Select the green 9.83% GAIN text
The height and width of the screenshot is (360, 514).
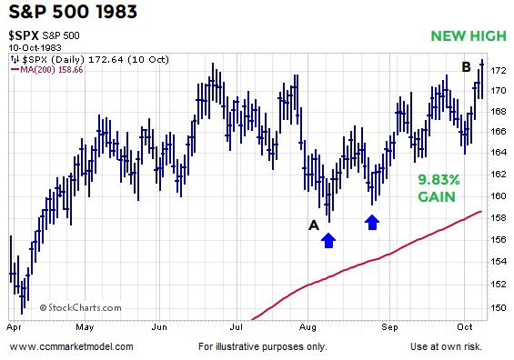click(438, 188)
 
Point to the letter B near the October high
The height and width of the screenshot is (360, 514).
click(466, 66)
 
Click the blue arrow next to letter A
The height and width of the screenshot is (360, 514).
click(328, 239)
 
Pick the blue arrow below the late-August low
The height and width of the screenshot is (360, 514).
click(371, 221)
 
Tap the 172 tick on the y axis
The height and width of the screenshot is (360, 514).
click(499, 70)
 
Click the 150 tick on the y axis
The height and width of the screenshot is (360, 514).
click(499, 307)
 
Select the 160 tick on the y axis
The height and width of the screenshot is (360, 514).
click(499, 196)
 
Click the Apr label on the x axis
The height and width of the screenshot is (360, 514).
click(14, 325)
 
